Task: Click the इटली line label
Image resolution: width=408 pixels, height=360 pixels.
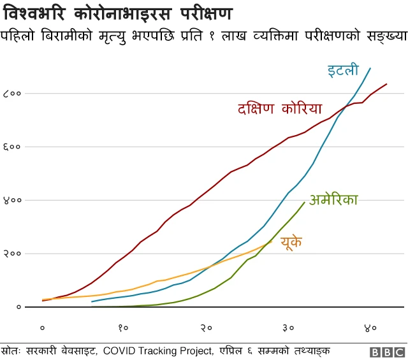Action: [343, 70]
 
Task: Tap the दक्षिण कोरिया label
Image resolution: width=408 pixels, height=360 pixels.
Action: [279, 108]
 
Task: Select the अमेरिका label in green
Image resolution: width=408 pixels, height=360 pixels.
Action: [333, 201]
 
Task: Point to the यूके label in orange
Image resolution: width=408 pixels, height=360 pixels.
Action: [291, 242]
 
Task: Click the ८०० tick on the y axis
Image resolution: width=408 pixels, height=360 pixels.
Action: [13, 94]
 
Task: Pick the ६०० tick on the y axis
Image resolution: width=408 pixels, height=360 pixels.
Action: [13, 147]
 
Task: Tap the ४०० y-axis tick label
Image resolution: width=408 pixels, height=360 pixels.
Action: [13, 201]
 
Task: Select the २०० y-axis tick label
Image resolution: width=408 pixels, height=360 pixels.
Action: [13, 254]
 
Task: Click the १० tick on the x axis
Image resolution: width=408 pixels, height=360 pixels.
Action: [124, 328]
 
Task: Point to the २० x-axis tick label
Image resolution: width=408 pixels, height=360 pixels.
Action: [206, 328]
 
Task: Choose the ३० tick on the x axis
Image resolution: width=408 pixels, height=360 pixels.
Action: [288, 328]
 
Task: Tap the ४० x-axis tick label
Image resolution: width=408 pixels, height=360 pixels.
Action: [370, 328]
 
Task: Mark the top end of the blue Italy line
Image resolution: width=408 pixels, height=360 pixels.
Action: [370, 68]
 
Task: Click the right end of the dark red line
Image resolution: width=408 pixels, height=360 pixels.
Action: [387, 84]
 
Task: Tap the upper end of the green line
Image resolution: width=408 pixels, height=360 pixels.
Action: [304, 202]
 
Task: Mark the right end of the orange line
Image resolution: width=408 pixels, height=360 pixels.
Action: [272, 241]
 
